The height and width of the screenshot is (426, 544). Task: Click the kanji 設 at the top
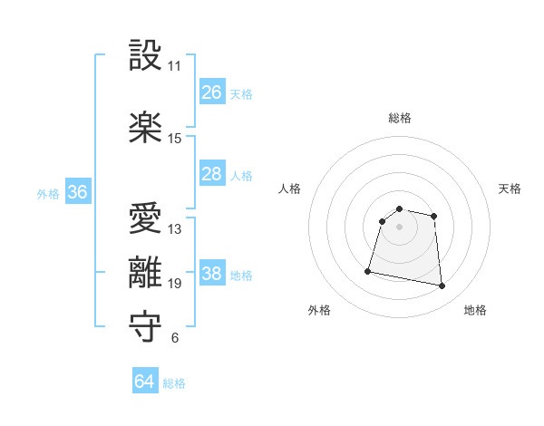click(x=145, y=56)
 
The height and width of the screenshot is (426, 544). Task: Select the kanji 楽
click(x=145, y=128)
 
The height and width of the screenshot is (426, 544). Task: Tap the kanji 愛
click(x=145, y=218)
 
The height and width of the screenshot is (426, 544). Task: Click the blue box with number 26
click(x=212, y=92)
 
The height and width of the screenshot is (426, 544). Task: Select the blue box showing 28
click(x=212, y=174)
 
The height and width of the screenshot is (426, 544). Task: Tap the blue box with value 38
click(x=212, y=274)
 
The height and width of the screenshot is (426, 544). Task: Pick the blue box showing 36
click(x=78, y=192)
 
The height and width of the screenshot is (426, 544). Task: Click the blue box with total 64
click(x=145, y=382)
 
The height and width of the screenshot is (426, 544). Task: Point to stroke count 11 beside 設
click(x=175, y=66)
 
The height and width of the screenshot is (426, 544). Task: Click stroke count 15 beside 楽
click(x=175, y=139)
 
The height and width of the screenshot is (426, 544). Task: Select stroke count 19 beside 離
click(x=175, y=284)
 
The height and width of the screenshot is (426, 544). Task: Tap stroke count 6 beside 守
click(x=175, y=339)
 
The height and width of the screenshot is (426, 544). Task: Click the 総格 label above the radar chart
click(x=399, y=118)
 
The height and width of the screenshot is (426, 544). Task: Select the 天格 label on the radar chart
click(x=510, y=189)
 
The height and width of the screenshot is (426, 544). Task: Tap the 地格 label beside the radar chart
click(x=475, y=310)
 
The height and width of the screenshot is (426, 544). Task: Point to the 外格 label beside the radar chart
click(x=319, y=310)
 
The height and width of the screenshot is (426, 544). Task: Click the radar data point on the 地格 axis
click(x=442, y=286)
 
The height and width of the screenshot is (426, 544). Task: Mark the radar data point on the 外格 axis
click(x=368, y=270)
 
